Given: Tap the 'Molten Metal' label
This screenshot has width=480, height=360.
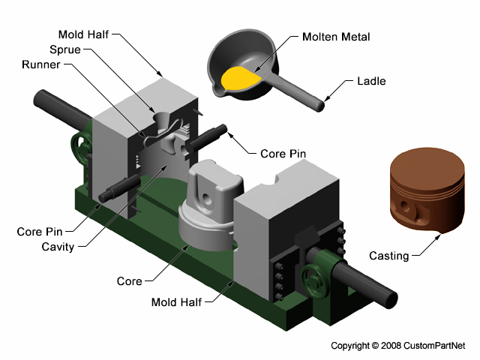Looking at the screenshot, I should (x=336, y=37).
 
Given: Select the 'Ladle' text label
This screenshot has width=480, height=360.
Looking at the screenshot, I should (x=371, y=81).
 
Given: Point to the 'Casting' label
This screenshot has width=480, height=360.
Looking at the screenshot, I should (x=388, y=256).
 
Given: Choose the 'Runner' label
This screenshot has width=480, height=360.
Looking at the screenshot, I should (x=43, y=64).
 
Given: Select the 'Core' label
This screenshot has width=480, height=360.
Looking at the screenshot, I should (x=129, y=281).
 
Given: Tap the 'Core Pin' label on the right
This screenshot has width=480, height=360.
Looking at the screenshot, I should (x=283, y=154).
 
